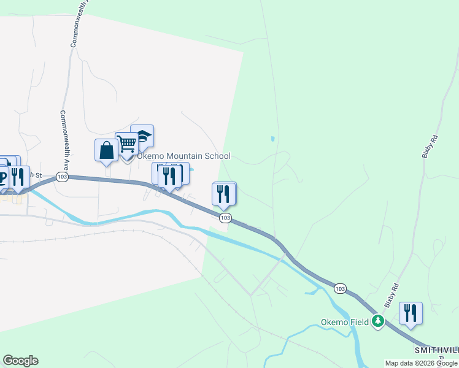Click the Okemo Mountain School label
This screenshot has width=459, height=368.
coord(183,156)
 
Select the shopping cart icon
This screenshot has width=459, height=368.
coord(127,144)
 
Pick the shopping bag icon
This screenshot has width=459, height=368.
coord(106,150)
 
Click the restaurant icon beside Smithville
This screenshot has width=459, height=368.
coord(411,313)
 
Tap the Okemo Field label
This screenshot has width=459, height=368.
coord(345,322)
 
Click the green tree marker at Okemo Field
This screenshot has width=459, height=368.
coord(379,321)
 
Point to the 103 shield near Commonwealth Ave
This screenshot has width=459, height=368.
coord(61,177)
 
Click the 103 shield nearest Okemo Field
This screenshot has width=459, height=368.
coord(341,288)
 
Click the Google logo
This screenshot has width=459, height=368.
coord(20,361)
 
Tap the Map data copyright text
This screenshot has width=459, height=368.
coord(422,363)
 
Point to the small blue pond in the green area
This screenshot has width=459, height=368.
coord(272,139)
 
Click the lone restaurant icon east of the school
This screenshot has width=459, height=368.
coord(224,194)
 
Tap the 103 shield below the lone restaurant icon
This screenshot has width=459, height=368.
coord(225,218)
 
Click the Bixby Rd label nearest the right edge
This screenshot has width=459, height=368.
coord(428,148)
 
